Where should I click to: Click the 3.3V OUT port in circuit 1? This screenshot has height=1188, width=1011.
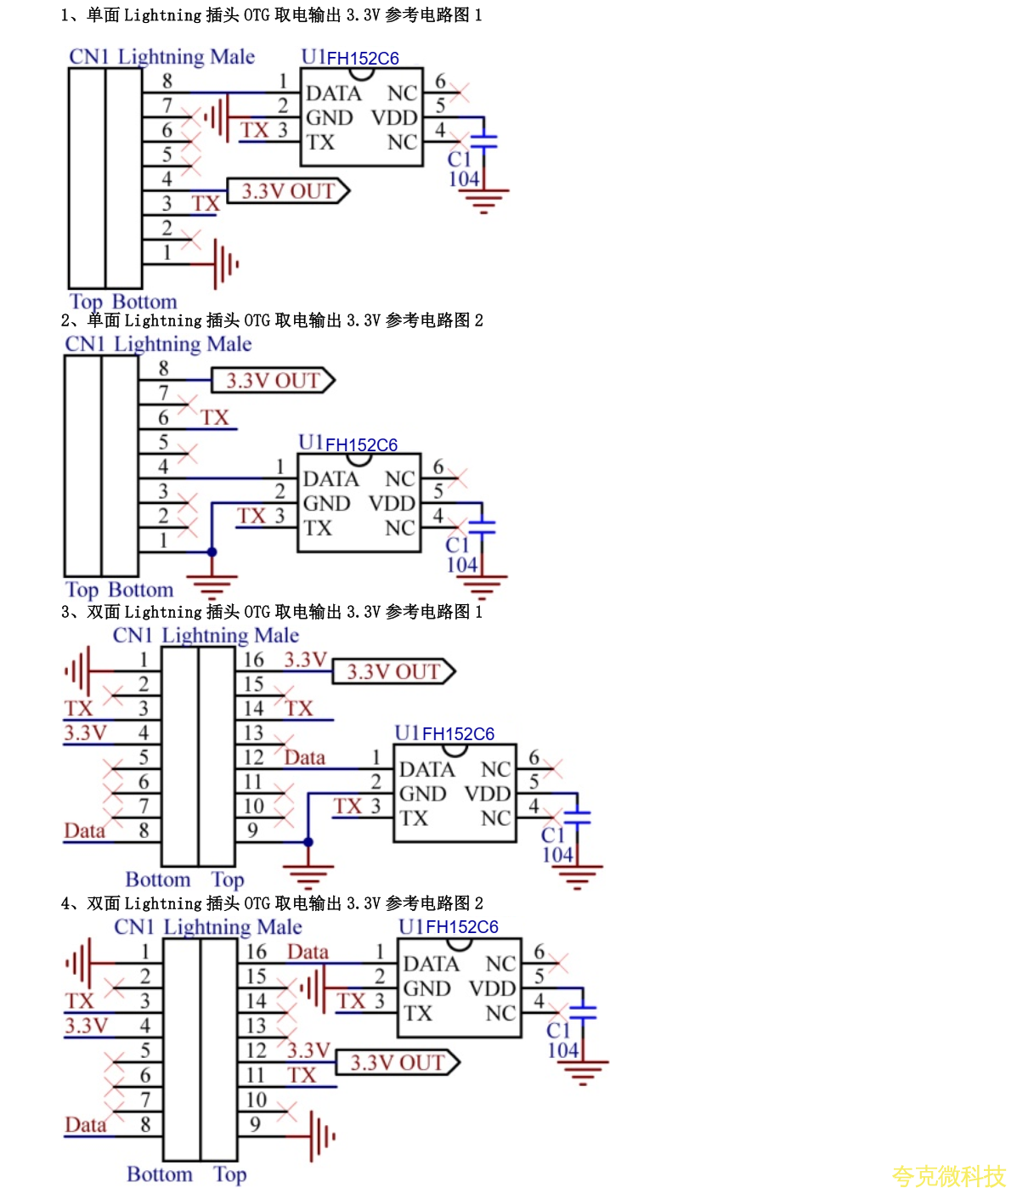pyautogui.click(x=287, y=191)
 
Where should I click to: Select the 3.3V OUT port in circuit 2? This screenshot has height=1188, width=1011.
pyautogui.click(x=272, y=381)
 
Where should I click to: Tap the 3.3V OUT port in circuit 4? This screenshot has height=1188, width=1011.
pyautogui.click(x=397, y=1063)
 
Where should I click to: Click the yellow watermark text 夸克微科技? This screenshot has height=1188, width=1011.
pyautogui.click(x=948, y=1175)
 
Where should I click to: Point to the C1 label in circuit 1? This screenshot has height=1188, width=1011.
pyautogui.click(x=459, y=159)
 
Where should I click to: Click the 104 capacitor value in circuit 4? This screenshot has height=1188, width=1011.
pyautogui.click(x=562, y=1050)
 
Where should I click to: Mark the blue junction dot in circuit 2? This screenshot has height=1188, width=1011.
pyautogui.click(x=212, y=552)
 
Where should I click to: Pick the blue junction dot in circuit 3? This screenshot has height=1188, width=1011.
pyautogui.click(x=308, y=842)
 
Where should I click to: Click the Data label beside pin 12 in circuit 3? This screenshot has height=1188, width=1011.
pyautogui.click(x=304, y=757)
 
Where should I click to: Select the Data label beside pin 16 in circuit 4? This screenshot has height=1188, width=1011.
pyautogui.click(x=308, y=952)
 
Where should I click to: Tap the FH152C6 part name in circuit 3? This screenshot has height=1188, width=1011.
pyautogui.click(x=458, y=734)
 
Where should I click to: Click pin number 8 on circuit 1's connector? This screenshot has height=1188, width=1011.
pyautogui.click(x=167, y=81)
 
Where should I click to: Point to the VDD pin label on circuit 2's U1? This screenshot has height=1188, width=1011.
pyautogui.click(x=392, y=503)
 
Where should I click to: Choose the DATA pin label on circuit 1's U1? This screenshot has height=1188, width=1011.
pyautogui.click(x=333, y=93)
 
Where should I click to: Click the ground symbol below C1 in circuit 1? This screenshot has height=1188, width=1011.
pyautogui.click(x=483, y=201)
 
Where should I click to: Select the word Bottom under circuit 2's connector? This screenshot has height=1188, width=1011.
pyautogui.click(x=140, y=590)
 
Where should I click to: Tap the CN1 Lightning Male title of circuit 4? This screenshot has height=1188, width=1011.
pyautogui.click(x=208, y=927)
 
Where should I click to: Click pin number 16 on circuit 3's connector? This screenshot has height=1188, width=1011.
pyautogui.click(x=254, y=660)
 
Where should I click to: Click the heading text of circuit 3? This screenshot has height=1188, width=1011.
pyautogui.click(x=272, y=612)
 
